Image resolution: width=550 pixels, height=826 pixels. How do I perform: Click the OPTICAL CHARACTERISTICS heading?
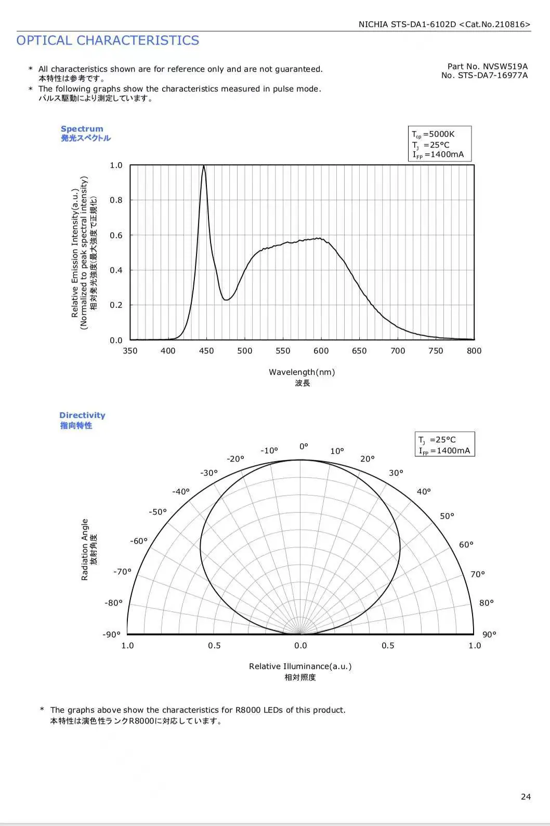[108, 40]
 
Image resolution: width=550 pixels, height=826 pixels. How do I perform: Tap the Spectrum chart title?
[82, 129]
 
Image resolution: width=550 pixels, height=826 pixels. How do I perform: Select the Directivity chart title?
[82, 415]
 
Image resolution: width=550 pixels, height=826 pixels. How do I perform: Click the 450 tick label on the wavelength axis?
[206, 351]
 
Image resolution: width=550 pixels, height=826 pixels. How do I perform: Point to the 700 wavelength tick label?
[398, 351]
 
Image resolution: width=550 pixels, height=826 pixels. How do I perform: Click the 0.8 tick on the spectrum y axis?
[116, 200]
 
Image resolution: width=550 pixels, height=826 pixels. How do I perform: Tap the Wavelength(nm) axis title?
[302, 372]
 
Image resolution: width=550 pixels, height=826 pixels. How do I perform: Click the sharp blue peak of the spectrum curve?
[204, 166]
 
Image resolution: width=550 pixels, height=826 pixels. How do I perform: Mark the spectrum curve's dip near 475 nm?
[226, 299]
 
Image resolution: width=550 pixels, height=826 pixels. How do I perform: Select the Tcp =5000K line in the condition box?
[433, 134]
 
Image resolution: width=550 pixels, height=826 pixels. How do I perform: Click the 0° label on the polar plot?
[304, 446]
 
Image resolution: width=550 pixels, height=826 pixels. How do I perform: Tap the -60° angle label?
[139, 541]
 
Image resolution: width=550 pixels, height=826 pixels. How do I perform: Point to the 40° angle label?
[424, 492]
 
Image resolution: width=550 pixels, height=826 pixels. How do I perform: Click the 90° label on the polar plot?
[490, 634]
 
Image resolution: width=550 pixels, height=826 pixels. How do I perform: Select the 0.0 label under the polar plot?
[300, 645]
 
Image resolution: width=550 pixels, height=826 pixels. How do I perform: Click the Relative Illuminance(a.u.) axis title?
[300, 666]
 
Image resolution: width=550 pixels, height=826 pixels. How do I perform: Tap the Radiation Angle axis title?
[85, 549]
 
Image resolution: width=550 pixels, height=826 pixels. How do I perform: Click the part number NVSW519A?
[505, 67]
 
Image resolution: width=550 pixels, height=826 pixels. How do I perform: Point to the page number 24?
[526, 796]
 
